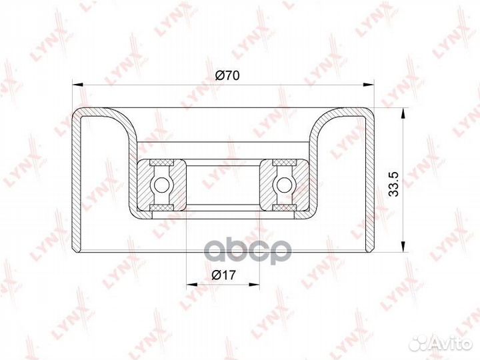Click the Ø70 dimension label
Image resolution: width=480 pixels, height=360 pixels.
click(227, 75)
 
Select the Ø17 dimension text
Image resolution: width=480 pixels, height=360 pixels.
click(224, 275)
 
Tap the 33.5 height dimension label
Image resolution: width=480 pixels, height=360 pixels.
click(393, 184)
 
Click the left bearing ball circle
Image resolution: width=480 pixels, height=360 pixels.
click(161, 185)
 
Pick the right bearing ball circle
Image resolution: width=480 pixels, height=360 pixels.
click(284, 185)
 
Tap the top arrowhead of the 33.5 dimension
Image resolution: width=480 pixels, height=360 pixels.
click(403, 113)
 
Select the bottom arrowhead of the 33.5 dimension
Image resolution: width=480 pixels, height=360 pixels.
click(403, 246)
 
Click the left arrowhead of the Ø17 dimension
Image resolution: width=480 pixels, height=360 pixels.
click(192, 285)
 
